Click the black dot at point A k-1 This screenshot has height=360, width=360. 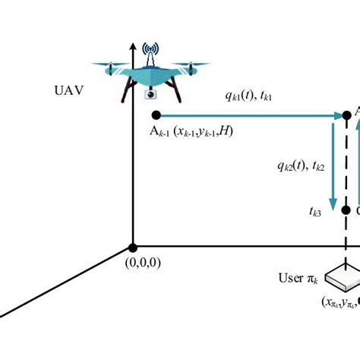[156, 115]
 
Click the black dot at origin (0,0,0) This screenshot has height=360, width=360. [133, 248]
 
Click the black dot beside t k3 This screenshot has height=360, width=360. [346, 210]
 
